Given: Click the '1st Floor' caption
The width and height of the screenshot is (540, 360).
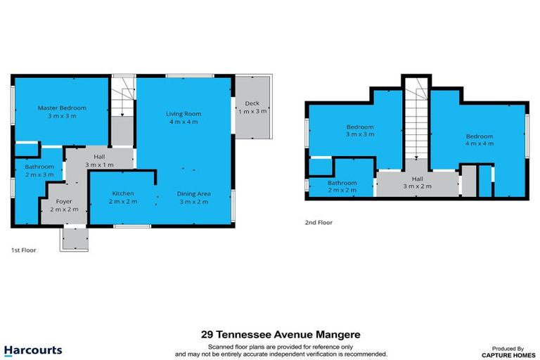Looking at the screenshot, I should tap(23, 250).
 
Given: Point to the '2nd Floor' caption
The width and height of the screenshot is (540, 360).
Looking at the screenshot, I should tap(319, 222).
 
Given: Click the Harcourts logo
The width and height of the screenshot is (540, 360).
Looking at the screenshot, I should tap(32, 350).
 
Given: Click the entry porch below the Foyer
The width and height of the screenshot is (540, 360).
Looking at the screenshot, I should tap(74, 238).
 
